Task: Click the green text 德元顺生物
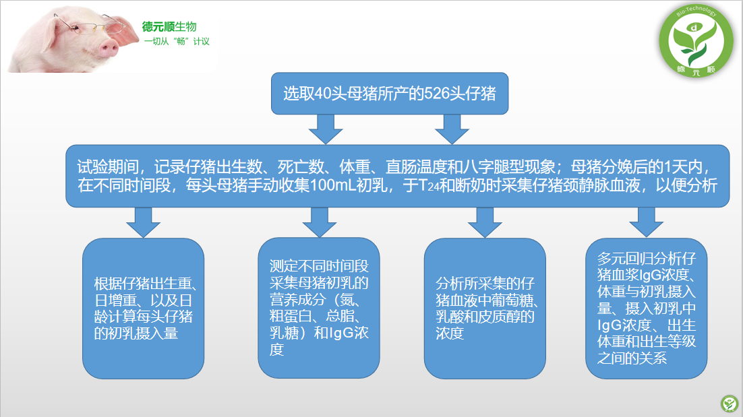coord(169,27)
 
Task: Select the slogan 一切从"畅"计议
coord(177,42)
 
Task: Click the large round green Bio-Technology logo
coord(696,40)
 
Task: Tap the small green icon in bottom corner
coord(730,404)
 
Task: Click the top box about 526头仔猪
coord(390,93)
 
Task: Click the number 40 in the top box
coord(323,93)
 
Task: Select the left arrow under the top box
coord(326,129)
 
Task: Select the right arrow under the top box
coord(452,129)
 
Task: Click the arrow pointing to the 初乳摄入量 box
coord(143,222)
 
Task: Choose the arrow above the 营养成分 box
coord(320,222)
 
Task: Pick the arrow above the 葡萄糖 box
coord(484,222)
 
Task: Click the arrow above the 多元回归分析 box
coord(646,222)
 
